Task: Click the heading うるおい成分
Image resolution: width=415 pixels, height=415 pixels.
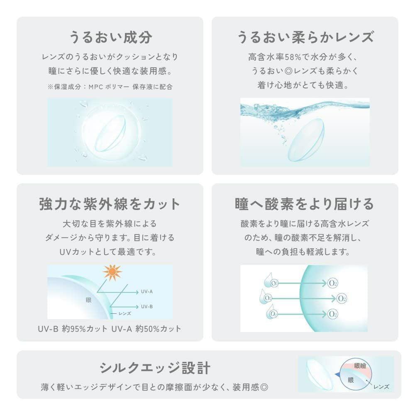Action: point(110,38)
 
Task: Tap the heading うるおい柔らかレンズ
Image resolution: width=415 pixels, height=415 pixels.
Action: point(305,38)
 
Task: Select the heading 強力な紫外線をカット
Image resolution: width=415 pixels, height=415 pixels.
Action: point(110,204)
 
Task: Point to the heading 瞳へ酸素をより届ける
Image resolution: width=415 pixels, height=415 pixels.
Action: point(305,204)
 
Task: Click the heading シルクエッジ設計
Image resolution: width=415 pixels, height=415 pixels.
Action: point(155,368)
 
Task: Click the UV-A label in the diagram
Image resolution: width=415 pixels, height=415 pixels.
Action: point(147,291)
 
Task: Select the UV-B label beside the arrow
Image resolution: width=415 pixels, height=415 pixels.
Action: point(147,307)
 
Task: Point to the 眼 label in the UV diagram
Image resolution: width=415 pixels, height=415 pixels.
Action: point(89,300)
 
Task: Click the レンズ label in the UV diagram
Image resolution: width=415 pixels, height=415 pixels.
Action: point(124,314)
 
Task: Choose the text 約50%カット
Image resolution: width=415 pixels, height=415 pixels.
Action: point(158,329)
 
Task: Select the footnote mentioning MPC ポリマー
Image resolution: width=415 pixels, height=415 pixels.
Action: point(110,87)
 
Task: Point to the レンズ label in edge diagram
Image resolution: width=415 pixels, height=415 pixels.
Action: point(381,387)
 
